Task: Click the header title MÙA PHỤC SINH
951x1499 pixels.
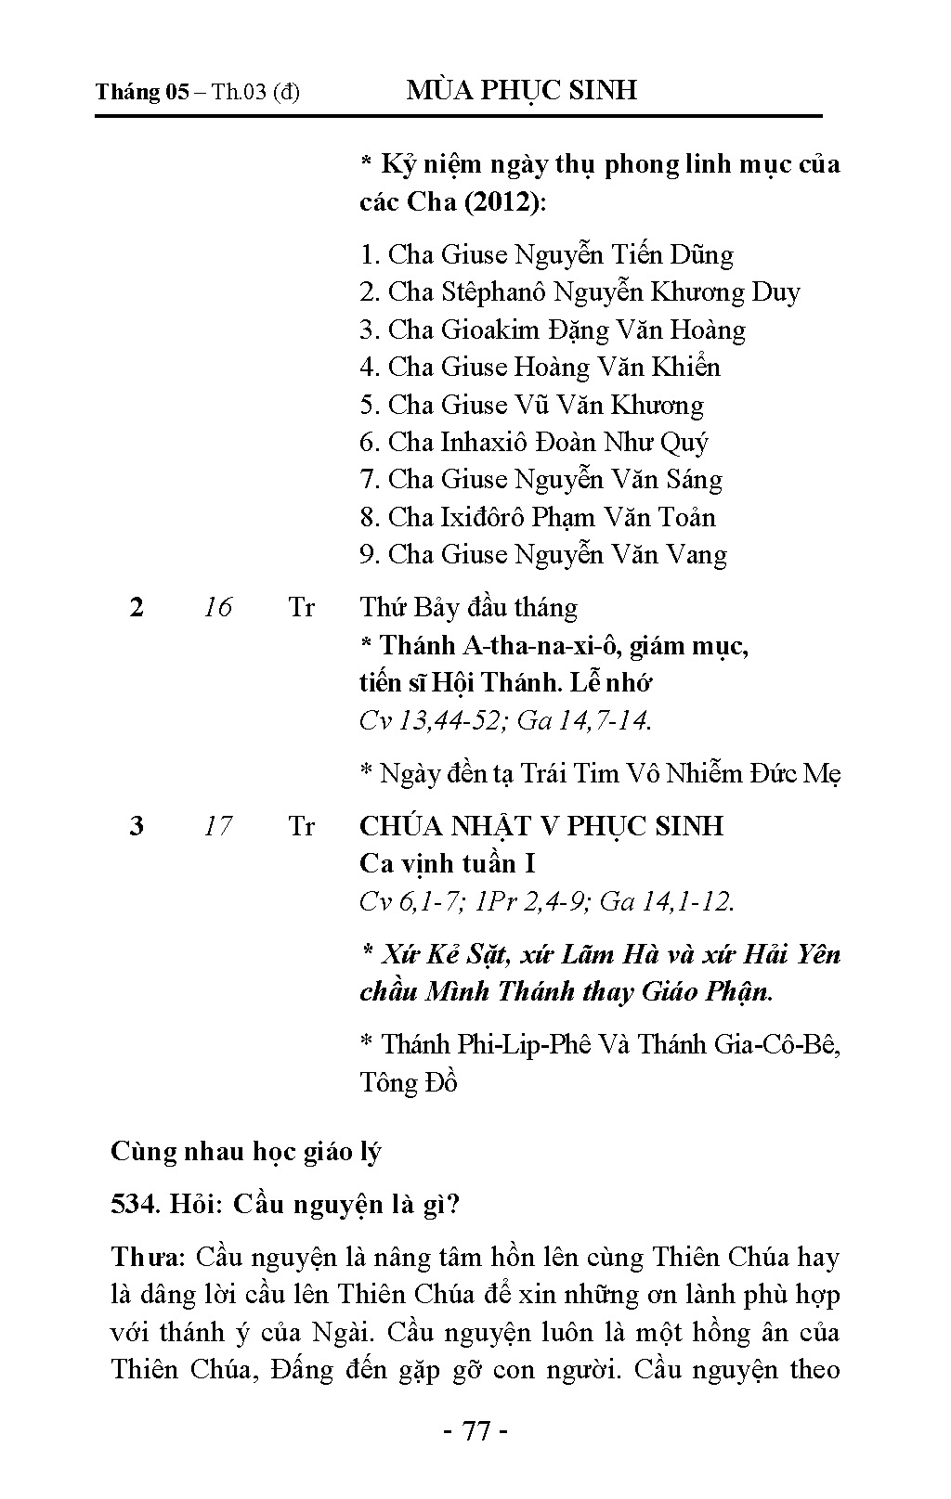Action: coord(522,90)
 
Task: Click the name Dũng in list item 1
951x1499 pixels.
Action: coord(702,255)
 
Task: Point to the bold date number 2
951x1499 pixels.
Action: coord(137,608)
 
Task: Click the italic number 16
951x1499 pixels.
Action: coord(217,608)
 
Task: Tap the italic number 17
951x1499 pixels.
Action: coord(217,826)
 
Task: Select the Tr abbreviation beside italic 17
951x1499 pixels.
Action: coord(302,826)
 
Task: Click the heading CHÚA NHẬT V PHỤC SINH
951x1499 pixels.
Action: coord(541,826)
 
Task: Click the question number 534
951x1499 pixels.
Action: coord(135,1205)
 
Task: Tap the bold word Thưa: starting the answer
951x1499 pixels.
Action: coord(149,1258)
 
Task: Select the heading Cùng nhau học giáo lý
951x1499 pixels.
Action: coord(246,1152)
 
